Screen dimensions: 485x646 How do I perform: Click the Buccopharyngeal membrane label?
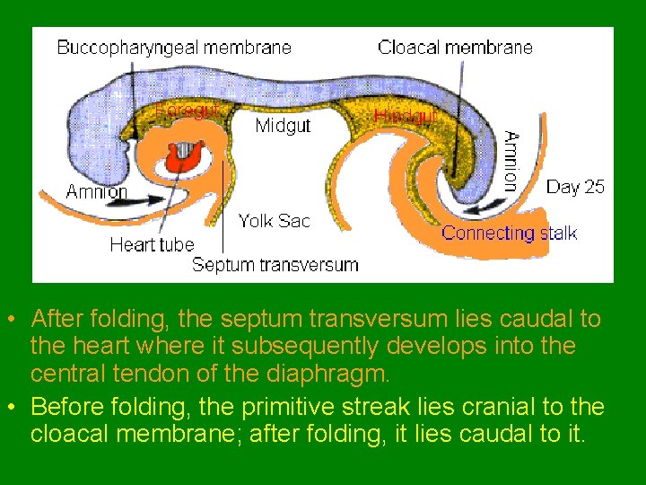click(174, 48)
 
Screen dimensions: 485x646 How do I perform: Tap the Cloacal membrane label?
click(455, 47)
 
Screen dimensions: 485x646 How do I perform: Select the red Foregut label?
click(187, 110)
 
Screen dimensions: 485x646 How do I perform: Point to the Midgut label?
click(283, 126)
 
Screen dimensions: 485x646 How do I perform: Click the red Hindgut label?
click(406, 116)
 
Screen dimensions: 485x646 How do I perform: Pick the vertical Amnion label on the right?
click(510, 161)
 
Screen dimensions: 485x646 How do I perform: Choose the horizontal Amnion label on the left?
click(97, 191)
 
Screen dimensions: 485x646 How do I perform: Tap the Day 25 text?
click(575, 187)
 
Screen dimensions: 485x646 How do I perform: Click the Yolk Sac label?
click(274, 220)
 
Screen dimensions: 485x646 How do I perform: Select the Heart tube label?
click(152, 244)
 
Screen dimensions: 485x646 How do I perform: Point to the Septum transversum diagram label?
click(275, 265)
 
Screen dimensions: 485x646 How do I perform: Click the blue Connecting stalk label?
click(510, 234)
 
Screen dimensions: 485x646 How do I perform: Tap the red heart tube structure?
click(185, 158)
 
